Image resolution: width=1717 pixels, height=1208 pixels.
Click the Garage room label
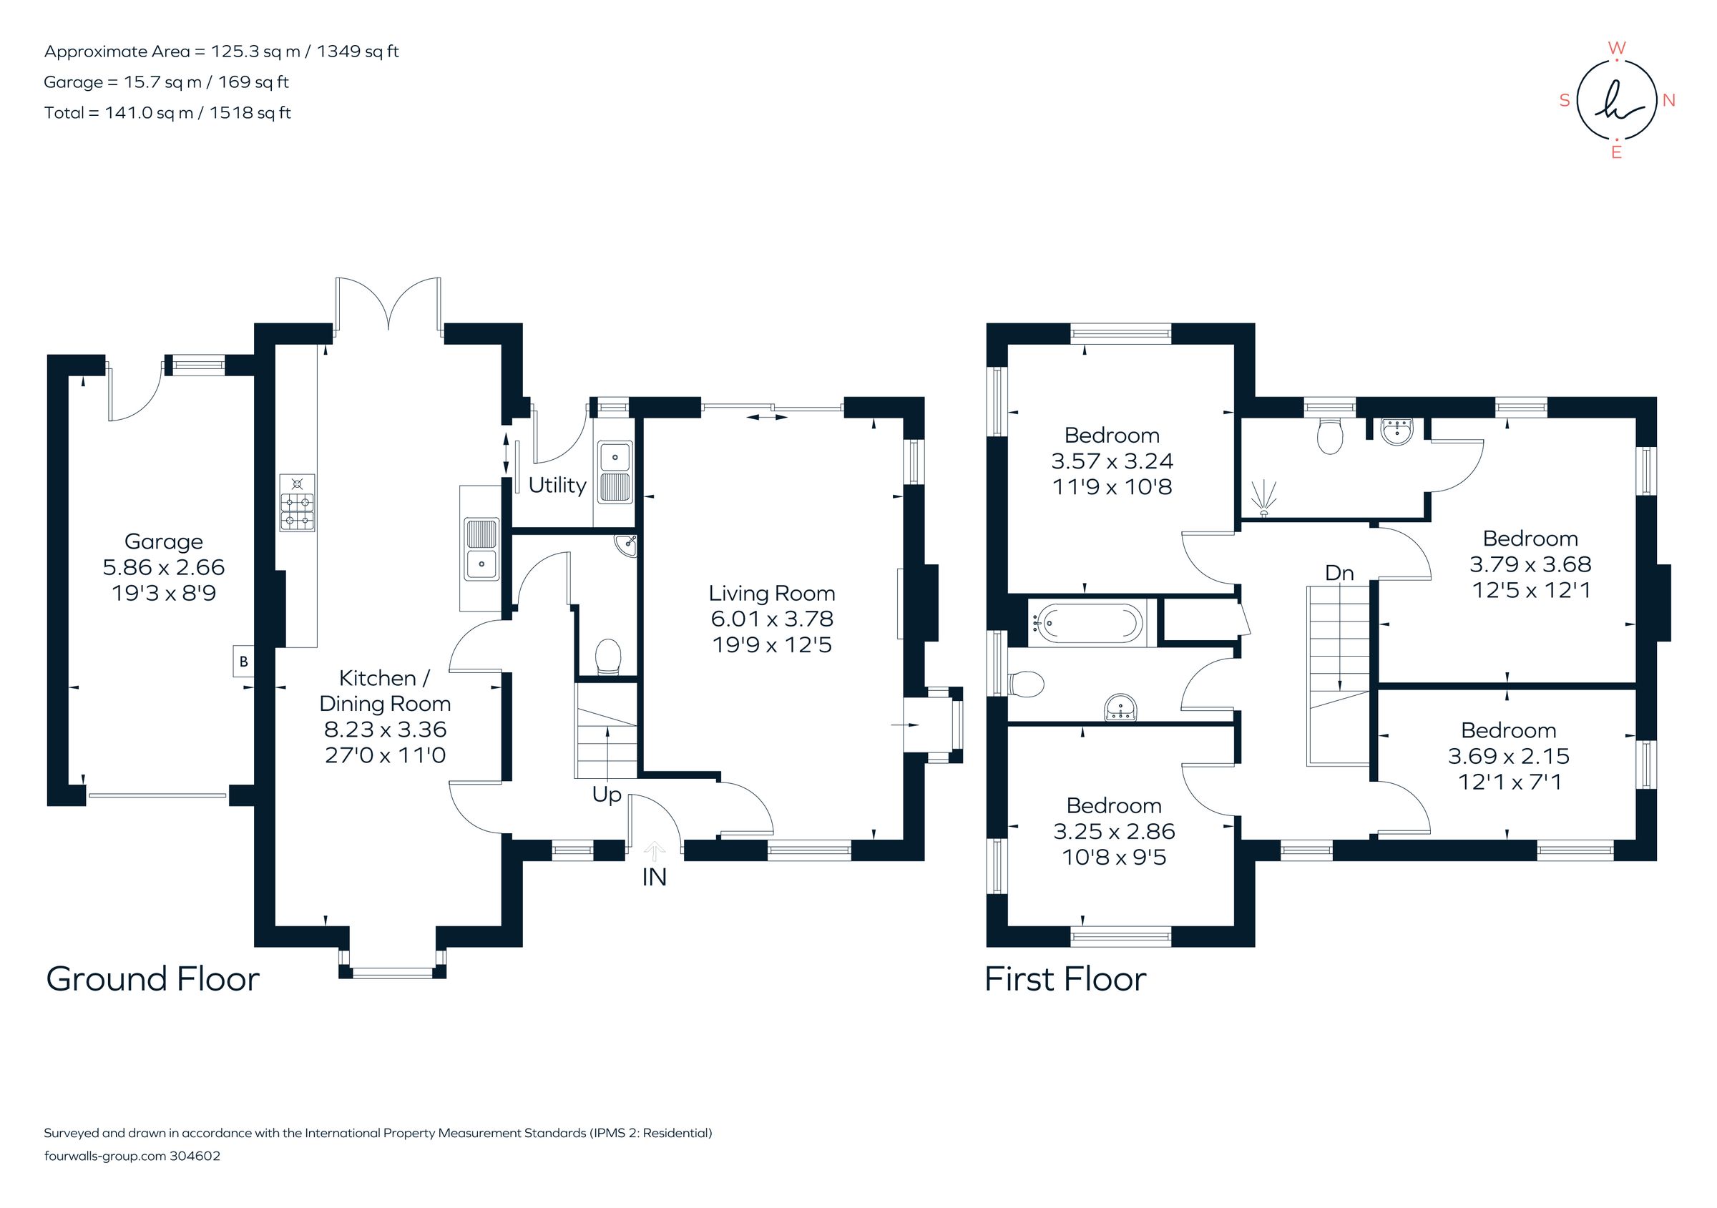pos(163,541)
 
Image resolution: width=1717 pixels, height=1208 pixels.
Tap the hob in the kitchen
pos(297,503)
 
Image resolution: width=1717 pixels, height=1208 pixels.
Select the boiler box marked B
pos(243,662)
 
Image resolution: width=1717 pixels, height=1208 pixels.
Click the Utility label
pos(557,485)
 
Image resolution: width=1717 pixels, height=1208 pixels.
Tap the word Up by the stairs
pos(607,794)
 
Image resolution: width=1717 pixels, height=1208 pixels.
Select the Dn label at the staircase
pos(1339,574)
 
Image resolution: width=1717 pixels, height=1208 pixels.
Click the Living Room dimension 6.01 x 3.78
pos(772,619)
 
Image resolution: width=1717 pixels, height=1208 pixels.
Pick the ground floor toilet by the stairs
pos(608,657)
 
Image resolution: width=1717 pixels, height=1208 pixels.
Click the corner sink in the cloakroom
pos(626,546)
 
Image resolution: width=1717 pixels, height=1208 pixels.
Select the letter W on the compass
pos(1616,49)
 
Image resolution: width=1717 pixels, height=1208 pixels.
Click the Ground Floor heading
pos(152,979)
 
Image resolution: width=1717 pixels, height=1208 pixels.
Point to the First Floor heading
pos(1065,979)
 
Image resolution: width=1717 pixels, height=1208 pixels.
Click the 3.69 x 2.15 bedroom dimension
pos(1507,756)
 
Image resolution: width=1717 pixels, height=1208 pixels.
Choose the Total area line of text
pos(167,113)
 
